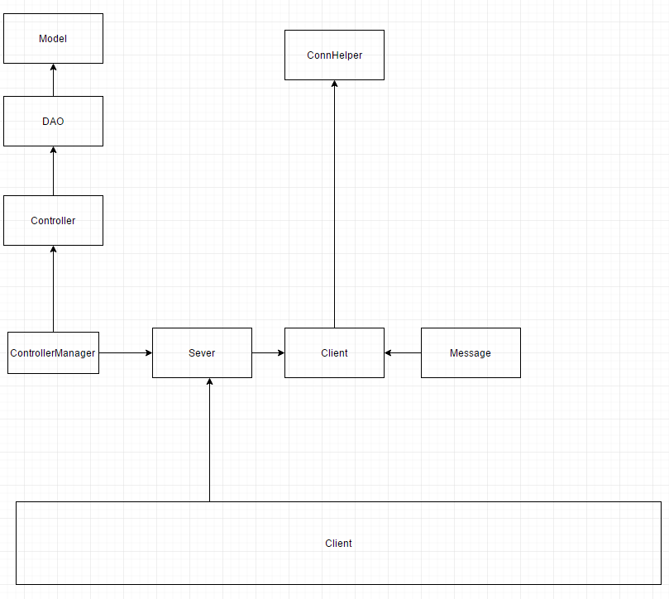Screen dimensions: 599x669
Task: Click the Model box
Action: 53,38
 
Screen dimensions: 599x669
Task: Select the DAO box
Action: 53,121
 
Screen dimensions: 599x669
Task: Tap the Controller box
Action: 53,220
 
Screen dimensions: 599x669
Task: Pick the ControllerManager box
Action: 53,352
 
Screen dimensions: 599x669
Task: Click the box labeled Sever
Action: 202,352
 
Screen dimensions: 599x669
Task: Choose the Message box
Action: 471,352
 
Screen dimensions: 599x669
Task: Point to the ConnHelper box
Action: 334,55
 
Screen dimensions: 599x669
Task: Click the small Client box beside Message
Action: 334,352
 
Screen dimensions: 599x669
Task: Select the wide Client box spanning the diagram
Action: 338,543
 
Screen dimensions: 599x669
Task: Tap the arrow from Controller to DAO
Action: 53,172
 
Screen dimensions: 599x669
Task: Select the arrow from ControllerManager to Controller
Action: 53,290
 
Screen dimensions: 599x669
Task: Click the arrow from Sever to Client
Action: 268,352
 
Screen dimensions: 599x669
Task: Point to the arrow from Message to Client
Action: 404,352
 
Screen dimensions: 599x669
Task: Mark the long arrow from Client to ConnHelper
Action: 334,207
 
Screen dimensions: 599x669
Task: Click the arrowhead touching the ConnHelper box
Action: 334,84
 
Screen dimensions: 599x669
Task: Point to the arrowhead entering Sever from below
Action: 210,382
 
